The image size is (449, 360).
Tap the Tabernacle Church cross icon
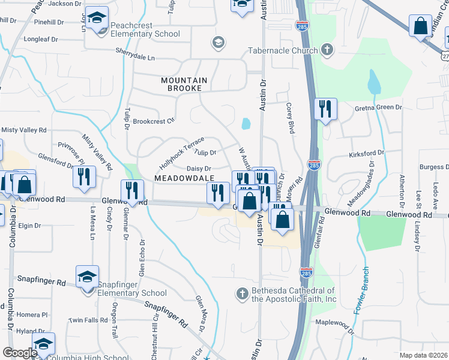(x=327, y=50)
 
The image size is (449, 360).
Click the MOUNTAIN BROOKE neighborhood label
(x=184, y=80)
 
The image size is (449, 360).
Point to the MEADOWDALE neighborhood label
(x=184, y=178)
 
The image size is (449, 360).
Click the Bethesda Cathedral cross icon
(x=242, y=293)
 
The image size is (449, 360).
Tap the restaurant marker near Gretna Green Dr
(x=325, y=109)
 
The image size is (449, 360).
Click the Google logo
(x=20, y=353)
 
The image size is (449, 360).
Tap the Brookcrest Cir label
(x=153, y=120)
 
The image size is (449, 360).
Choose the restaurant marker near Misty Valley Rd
(x=83, y=176)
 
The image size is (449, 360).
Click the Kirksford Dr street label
(x=366, y=154)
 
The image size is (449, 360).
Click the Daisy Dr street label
(x=199, y=169)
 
